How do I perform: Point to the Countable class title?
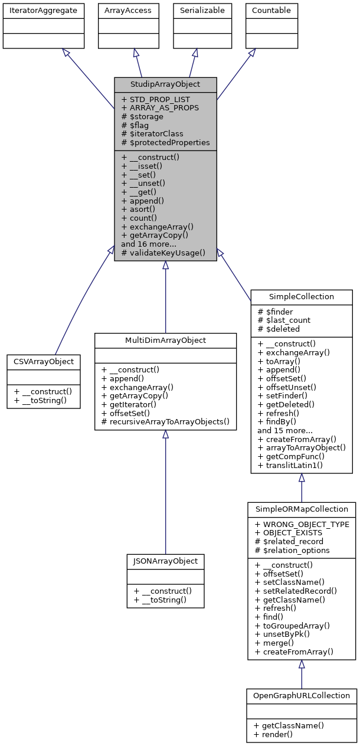(271, 11)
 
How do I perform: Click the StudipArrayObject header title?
(165, 84)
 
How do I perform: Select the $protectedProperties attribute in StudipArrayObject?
(165, 142)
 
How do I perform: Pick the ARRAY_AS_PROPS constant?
(160, 108)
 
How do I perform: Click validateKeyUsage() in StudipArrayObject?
(163, 253)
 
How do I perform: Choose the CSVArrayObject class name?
(44, 361)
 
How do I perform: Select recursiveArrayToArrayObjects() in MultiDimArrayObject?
(165, 423)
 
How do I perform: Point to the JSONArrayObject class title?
(166, 561)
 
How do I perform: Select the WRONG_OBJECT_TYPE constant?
(302, 524)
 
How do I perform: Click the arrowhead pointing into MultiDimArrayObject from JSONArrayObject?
(166, 434)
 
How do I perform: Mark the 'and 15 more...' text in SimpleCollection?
(285, 431)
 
